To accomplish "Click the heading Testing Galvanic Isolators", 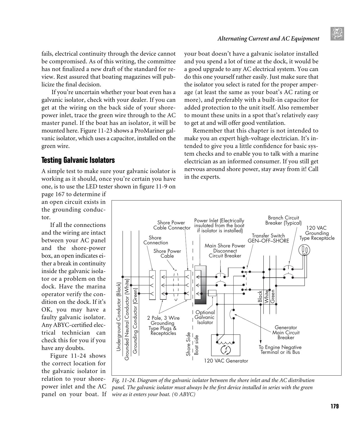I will (x=78, y=160).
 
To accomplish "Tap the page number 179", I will (x=334, y=406).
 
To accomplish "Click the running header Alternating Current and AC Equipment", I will (x=268, y=39).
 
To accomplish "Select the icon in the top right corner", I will (x=337, y=34).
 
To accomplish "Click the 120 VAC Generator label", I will (x=226, y=361).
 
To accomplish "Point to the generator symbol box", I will (x=225, y=345).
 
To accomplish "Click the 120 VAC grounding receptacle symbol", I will (x=304, y=250).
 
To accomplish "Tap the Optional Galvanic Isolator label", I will (x=205, y=317).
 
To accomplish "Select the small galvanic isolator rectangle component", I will (x=212, y=293).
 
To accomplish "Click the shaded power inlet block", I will (x=200, y=285).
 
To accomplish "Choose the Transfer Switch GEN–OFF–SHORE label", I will (x=268, y=238).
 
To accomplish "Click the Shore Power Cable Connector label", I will (x=172, y=225).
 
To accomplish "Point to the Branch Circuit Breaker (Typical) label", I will (x=283, y=220).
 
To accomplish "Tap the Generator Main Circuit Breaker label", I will (x=286, y=333).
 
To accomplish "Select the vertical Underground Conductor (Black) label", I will (x=118, y=317).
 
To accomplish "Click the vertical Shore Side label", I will (x=188, y=344).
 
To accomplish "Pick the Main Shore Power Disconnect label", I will (x=225, y=251).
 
